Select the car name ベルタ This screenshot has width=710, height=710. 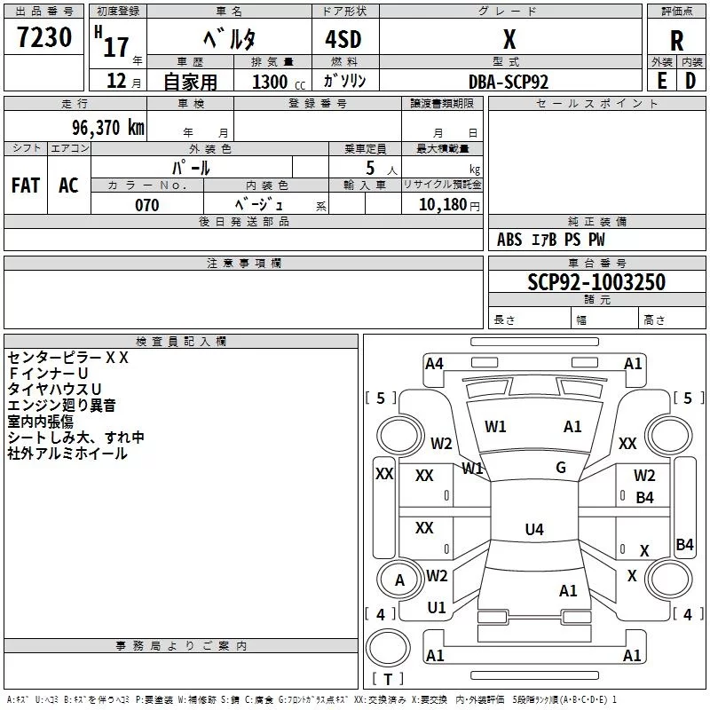click(x=229, y=39)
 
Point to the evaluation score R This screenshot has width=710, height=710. click(x=677, y=40)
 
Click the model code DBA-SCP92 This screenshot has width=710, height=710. click(x=509, y=82)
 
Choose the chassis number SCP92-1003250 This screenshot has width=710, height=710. click(x=596, y=282)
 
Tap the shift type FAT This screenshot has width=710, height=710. click(x=26, y=185)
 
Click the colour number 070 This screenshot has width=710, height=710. click(x=147, y=205)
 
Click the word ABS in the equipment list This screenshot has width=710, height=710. click(x=509, y=240)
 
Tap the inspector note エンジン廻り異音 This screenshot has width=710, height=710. click(x=61, y=406)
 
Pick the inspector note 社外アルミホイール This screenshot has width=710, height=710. click(x=67, y=454)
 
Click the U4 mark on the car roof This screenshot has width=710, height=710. click(x=533, y=530)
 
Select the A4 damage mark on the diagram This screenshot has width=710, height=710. click(x=434, y=363)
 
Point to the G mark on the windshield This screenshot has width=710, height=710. click(x=561, y=468)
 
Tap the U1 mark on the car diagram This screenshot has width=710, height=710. click(x=437, y=608)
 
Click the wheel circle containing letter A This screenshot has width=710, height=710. click(x=399, y=580)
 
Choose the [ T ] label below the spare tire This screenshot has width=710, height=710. click(x=388, y=680)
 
